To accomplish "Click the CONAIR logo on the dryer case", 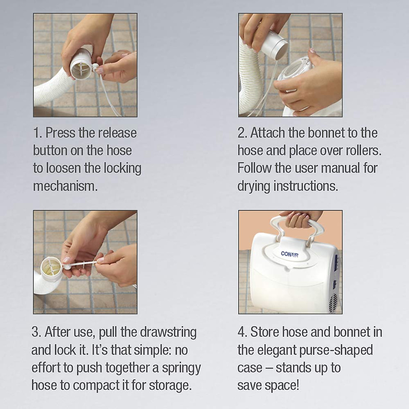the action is click(x=289, y=254).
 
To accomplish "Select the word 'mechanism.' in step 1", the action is click(x=65, y=186).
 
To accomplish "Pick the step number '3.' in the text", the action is click(x=36, y=332).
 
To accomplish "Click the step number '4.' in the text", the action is click(x=242, y=332).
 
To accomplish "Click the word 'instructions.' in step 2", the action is click(x=306, y=186).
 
